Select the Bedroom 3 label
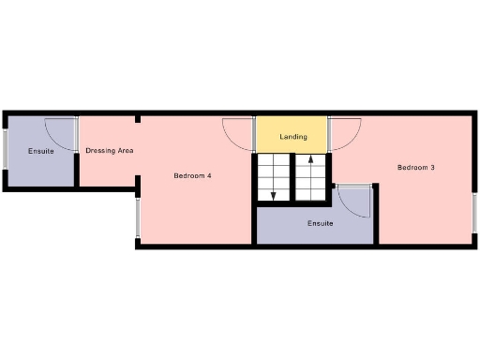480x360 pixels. [415, 168]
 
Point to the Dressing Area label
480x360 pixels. [109, 150]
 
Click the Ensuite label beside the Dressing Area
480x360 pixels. [40, 151]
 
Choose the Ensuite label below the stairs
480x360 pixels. [321, 223]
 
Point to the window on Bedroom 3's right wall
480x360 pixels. [474, 213]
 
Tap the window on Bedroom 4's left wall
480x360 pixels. [138, 218]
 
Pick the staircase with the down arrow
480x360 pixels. [273, 178]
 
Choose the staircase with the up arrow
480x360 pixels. [309, 178]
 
